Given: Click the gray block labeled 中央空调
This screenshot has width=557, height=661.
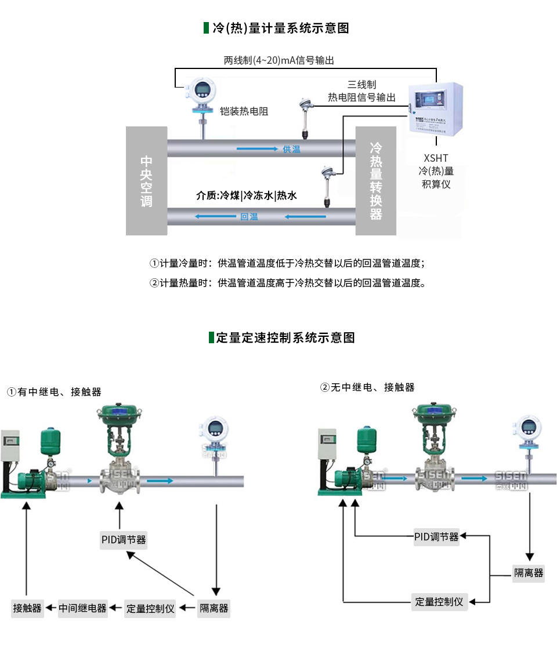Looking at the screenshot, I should (x=146, y=181).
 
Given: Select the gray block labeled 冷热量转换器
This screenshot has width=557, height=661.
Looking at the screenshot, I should (x=376, y=181).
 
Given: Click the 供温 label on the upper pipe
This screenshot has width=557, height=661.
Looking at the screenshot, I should (x=291, y=149).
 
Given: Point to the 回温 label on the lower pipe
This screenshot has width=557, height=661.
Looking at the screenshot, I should (x=249, y=217).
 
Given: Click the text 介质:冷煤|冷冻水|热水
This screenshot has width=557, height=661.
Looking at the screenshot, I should (x=247, y=195).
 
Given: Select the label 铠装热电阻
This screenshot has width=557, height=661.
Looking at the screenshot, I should (x=244, y=111).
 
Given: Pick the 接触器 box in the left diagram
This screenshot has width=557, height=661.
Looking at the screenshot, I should (x=28, y=608).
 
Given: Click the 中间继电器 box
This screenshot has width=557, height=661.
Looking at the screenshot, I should (x=83, y=608).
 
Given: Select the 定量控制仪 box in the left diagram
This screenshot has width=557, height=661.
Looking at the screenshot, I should (x=150, y=608).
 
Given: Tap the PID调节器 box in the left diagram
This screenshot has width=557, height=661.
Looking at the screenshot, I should (x=124, y=540).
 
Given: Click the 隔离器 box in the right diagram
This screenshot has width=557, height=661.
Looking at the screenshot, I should (x=529, y=573).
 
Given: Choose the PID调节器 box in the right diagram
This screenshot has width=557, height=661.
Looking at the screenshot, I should (x=436, y=537).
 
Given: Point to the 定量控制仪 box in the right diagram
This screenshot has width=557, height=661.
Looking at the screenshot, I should (x=439, y=602).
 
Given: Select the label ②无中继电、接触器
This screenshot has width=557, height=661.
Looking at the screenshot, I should (x=367, y=387).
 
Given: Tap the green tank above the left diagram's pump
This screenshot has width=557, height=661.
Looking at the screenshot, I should (x=49, y=441).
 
